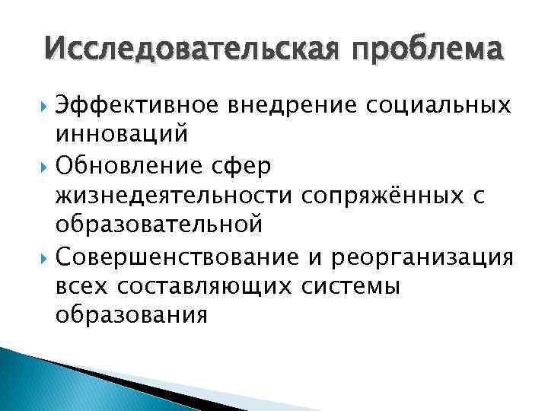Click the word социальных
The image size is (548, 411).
(x=437, y=106)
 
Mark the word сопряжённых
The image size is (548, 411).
(x=381, y=195)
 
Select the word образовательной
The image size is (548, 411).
(x=159, y=225)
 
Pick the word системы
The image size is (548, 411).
(x=358, y=285)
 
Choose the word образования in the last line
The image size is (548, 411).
(x=131, y=314)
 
